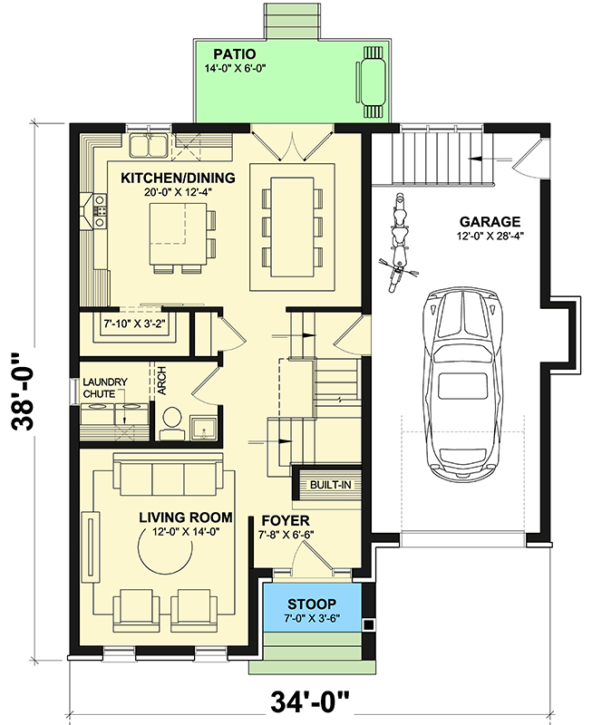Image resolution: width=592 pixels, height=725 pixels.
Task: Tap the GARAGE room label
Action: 490,220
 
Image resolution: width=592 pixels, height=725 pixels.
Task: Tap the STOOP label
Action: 312,603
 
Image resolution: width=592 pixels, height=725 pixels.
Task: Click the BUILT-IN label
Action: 330,485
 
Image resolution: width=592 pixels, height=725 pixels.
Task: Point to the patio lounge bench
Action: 373,81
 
